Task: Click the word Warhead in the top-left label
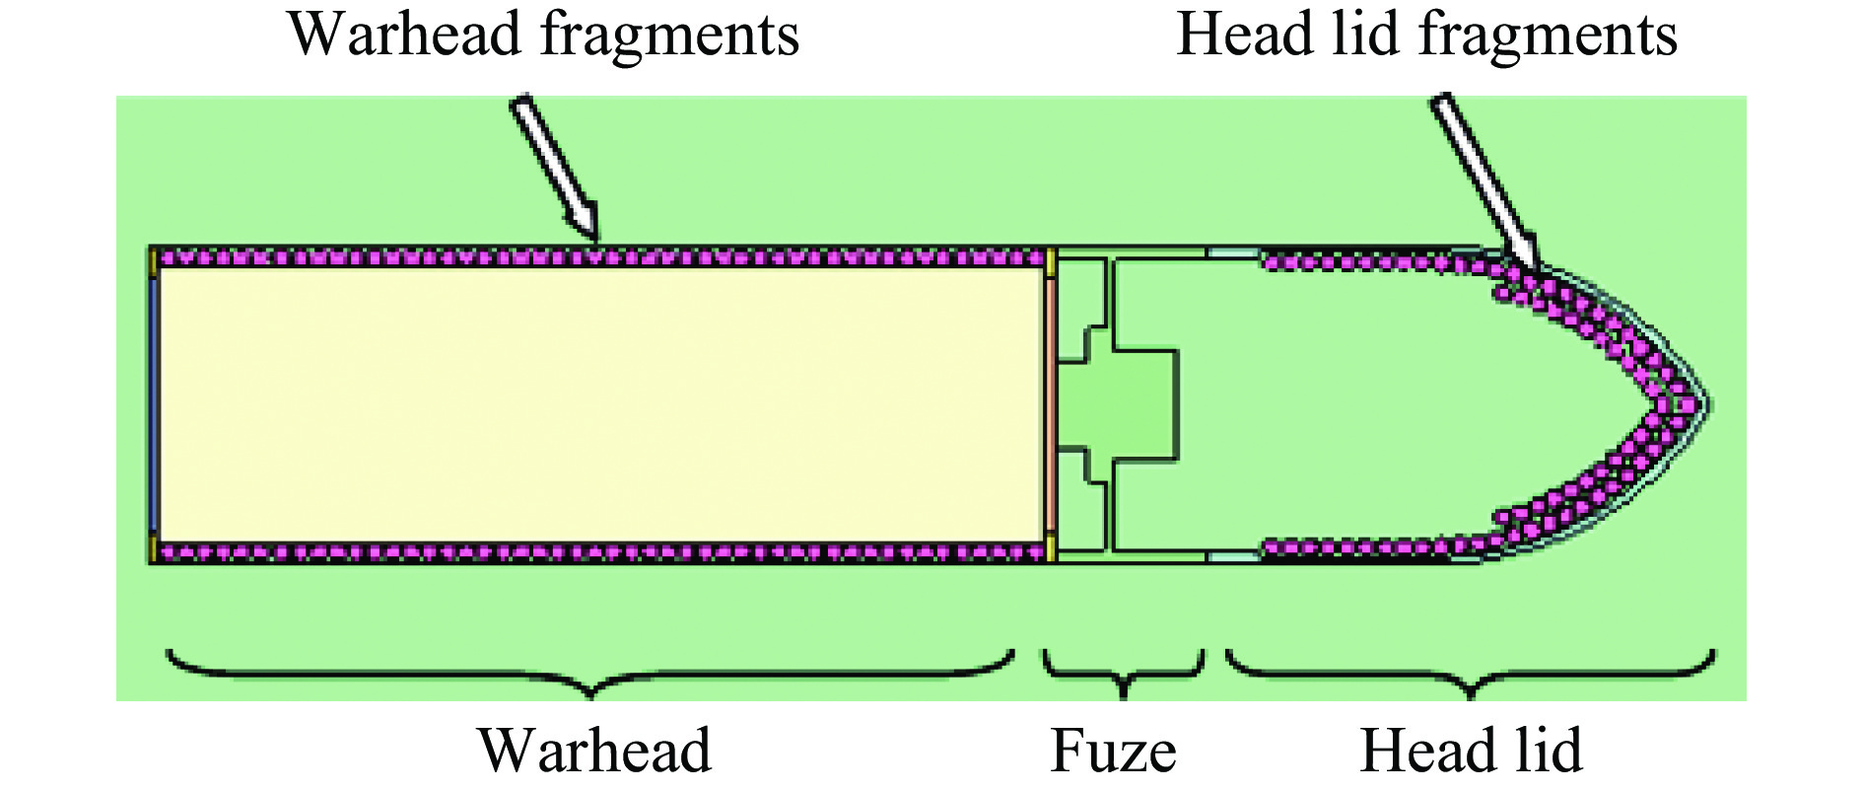(404, 35)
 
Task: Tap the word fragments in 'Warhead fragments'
(669, 35)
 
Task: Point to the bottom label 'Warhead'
(594, 751)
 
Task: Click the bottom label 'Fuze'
(1113, 751)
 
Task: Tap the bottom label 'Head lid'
(1471, 751)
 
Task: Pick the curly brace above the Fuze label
(1123, 675)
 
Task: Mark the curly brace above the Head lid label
(1470, 675)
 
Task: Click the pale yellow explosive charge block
(599, 404)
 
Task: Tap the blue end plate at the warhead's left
(154, 404)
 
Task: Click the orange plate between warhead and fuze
(1051, 404)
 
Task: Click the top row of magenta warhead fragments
(599, 258)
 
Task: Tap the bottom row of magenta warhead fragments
(599, 552)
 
